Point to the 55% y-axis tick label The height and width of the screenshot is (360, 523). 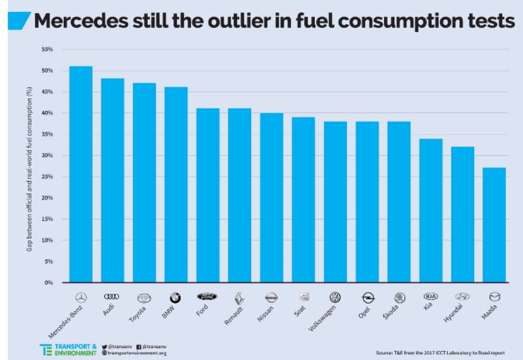(x=47, y=49)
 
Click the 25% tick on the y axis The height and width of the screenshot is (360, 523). (x=47, y=176)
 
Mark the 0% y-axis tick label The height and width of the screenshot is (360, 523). (x=49, y=283)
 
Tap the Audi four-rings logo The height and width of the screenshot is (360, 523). (x=112, y=296)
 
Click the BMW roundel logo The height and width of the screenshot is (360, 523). (x=175, y=297)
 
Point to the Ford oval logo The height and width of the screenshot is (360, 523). (x=207, y=296)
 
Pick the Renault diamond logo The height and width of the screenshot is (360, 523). (x=239, y=297)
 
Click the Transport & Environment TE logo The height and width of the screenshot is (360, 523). (x=47, y=349)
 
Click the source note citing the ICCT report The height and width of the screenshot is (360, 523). (x=445, y=352)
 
